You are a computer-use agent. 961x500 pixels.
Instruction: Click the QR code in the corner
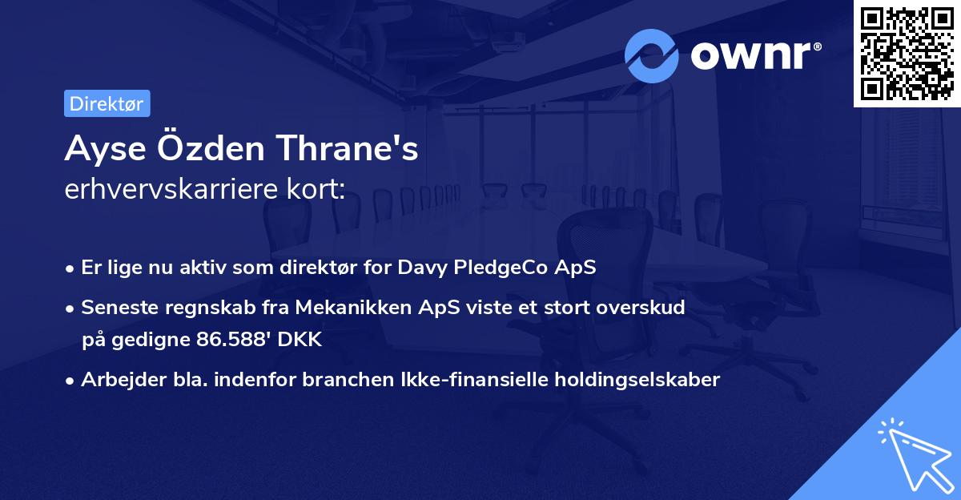[907, 53]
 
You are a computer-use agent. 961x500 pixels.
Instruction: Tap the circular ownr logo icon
[652, 55]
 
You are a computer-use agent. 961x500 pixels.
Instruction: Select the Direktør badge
[107, 103]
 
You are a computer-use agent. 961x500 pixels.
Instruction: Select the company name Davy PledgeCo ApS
[497, 268]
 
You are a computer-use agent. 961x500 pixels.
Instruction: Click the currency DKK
[300, 340]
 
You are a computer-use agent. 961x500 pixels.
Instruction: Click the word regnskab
[195, 307]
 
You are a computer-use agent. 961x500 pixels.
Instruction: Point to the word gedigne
[152, 340]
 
